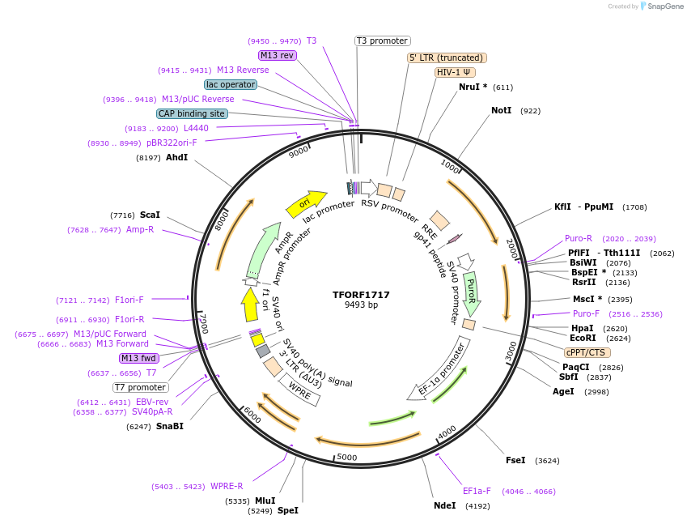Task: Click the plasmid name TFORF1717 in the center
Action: point(361,295)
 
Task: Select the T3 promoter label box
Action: point(383,41)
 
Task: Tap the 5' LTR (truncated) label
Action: point(446,58)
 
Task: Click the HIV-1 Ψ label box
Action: point(455,72)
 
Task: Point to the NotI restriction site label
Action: point(501,110)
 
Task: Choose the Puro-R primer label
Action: point(579,239)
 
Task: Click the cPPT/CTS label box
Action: point(587,352)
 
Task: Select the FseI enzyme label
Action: point(515,460)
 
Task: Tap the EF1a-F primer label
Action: point(477,491)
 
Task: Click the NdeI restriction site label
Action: point(445,505)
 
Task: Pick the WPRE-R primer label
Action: point(227,487)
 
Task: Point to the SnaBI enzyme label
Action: point(170,426)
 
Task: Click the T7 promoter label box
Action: point(141,387)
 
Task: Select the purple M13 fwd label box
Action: point(139,358)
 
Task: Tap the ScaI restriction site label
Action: point(150,215)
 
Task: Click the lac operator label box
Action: point(231,84)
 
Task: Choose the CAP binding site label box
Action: point(192,114)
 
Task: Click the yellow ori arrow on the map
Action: point(306,202)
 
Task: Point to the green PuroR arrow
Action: point(472,292)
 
